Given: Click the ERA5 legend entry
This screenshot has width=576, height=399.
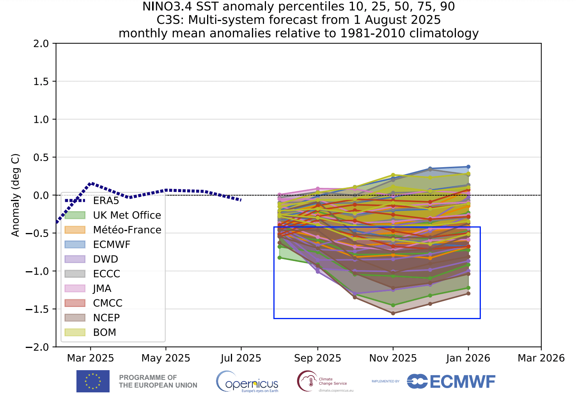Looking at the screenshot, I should point(106,201).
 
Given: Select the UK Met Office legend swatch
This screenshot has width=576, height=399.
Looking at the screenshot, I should point(75,215).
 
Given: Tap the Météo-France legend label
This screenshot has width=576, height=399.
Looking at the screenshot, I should point(127,230).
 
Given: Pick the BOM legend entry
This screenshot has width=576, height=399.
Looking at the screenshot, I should point(105,332).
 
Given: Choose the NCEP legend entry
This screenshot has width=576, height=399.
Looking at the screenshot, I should point(106,318).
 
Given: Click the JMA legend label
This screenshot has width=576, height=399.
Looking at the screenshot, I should point(102,288).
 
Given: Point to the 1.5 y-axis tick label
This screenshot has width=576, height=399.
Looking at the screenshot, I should point(41,81).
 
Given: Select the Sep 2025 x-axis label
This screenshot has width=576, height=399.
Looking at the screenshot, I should point(317,358).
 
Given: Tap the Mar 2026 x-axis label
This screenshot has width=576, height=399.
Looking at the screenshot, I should point(541,358).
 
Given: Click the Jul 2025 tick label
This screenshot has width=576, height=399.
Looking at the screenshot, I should point(241,358).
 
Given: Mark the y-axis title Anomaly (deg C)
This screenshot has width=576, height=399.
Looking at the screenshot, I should point(15,195).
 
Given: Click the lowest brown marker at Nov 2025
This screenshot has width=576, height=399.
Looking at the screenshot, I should point(393,313).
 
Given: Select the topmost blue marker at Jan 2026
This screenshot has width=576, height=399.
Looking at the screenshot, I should point(468,167).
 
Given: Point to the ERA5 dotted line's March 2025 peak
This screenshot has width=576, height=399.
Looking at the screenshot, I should point(91,183).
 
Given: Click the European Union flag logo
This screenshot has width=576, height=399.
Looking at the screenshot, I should point(93,381).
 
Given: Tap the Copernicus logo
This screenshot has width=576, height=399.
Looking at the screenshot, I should point(247,381).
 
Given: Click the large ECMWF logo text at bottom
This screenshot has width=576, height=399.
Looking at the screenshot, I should point(451,381).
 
